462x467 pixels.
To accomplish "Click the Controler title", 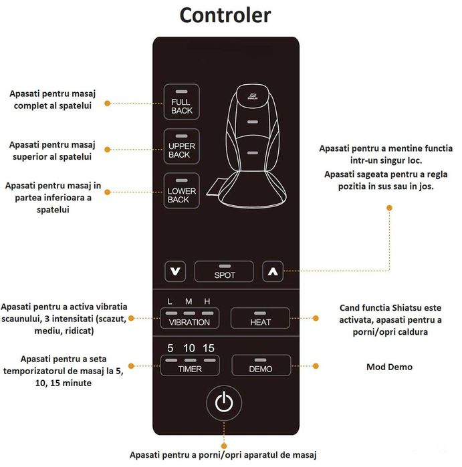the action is coord(225,15).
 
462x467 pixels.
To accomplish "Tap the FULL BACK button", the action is coord(181,102).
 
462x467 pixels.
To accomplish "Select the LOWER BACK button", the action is coord(181,190).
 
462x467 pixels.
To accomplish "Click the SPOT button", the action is coord(224,271).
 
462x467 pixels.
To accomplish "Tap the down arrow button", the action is coord(175,271).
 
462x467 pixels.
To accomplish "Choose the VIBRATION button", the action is coord(190,318).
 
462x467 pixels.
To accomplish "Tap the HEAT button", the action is coord(260,318).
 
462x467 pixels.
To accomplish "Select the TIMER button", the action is coord(190,365).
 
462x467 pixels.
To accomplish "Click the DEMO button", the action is coord(261,365).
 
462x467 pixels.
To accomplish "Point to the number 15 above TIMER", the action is coord(209,348).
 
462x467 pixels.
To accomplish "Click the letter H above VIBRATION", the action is coord(207,301).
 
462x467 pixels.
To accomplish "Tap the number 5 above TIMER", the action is coord(170,348).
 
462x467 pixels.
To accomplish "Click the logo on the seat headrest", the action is coord(253,96).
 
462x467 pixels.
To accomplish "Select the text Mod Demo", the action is coord(389,367).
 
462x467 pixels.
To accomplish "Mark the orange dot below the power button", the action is coord(224,446).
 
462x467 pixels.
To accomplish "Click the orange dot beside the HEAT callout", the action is coord(316,319).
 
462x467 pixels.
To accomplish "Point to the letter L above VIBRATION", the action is coord(170,301).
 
